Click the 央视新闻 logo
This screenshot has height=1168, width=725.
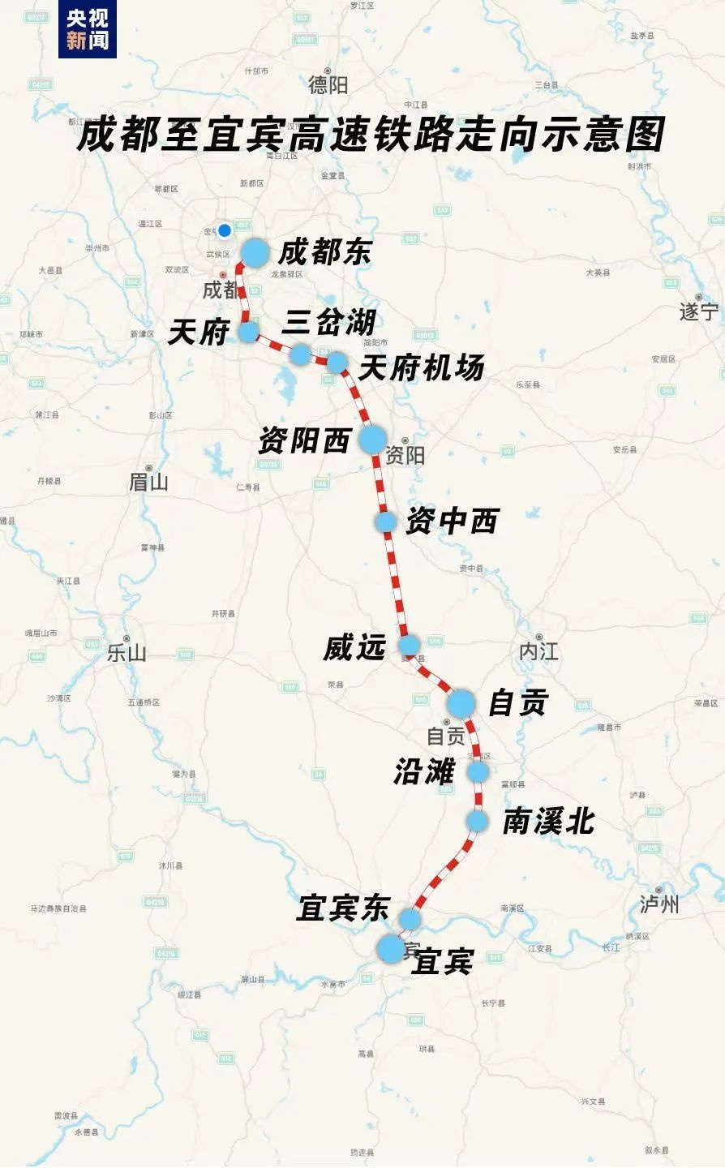coord(87,29)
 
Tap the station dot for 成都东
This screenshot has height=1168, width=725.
coord(255,252)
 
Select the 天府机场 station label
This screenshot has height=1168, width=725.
coord(421,367)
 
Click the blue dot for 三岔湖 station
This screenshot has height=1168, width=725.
coord(301,354)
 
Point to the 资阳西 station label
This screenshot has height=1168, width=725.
coord(304,440)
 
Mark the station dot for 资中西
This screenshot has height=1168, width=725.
coord(386,522)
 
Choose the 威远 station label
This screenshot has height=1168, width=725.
coord(354,647)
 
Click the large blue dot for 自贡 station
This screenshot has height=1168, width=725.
coord(461,703)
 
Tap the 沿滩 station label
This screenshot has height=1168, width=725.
coord(424,771)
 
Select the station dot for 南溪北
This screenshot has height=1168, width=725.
coord(477,822)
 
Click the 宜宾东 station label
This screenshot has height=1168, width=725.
coord(343,908)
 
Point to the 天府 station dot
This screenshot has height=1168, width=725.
coord(248,331)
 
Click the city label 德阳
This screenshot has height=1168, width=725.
coord(328,84)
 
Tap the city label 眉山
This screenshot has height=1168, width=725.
coord(148,482)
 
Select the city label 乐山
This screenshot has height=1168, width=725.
coord(127,652)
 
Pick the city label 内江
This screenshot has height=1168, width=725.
coord(538,651)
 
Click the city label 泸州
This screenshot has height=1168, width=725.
coord(659,904)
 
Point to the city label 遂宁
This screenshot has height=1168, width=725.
coord(698,311)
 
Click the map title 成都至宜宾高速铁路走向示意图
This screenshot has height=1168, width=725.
coord(371,134)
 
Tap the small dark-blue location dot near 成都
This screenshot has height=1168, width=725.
coord(225,230)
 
